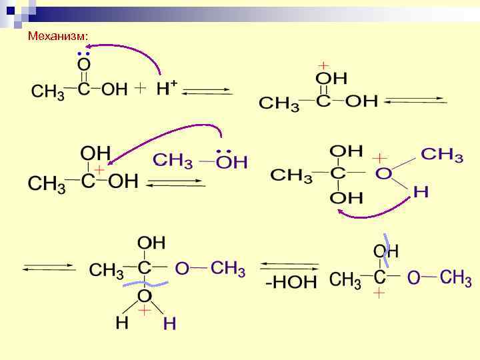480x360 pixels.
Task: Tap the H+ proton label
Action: click(166, 88)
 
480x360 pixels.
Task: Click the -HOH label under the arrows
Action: click(291, 282)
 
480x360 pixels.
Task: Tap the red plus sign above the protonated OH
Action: click(323, 65)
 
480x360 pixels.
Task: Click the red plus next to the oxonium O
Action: click(379, 159)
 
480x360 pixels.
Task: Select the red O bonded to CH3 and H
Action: click(383, 174)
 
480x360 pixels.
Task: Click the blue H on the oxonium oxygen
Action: click(421, 193)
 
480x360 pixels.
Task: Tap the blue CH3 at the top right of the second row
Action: click(442, 155)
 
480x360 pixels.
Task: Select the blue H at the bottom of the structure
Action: click(170, 324)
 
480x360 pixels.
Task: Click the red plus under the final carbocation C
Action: click(379, 293)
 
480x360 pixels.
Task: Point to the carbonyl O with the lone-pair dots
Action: click(84, 65)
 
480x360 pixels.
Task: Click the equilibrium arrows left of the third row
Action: click(49, 267)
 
